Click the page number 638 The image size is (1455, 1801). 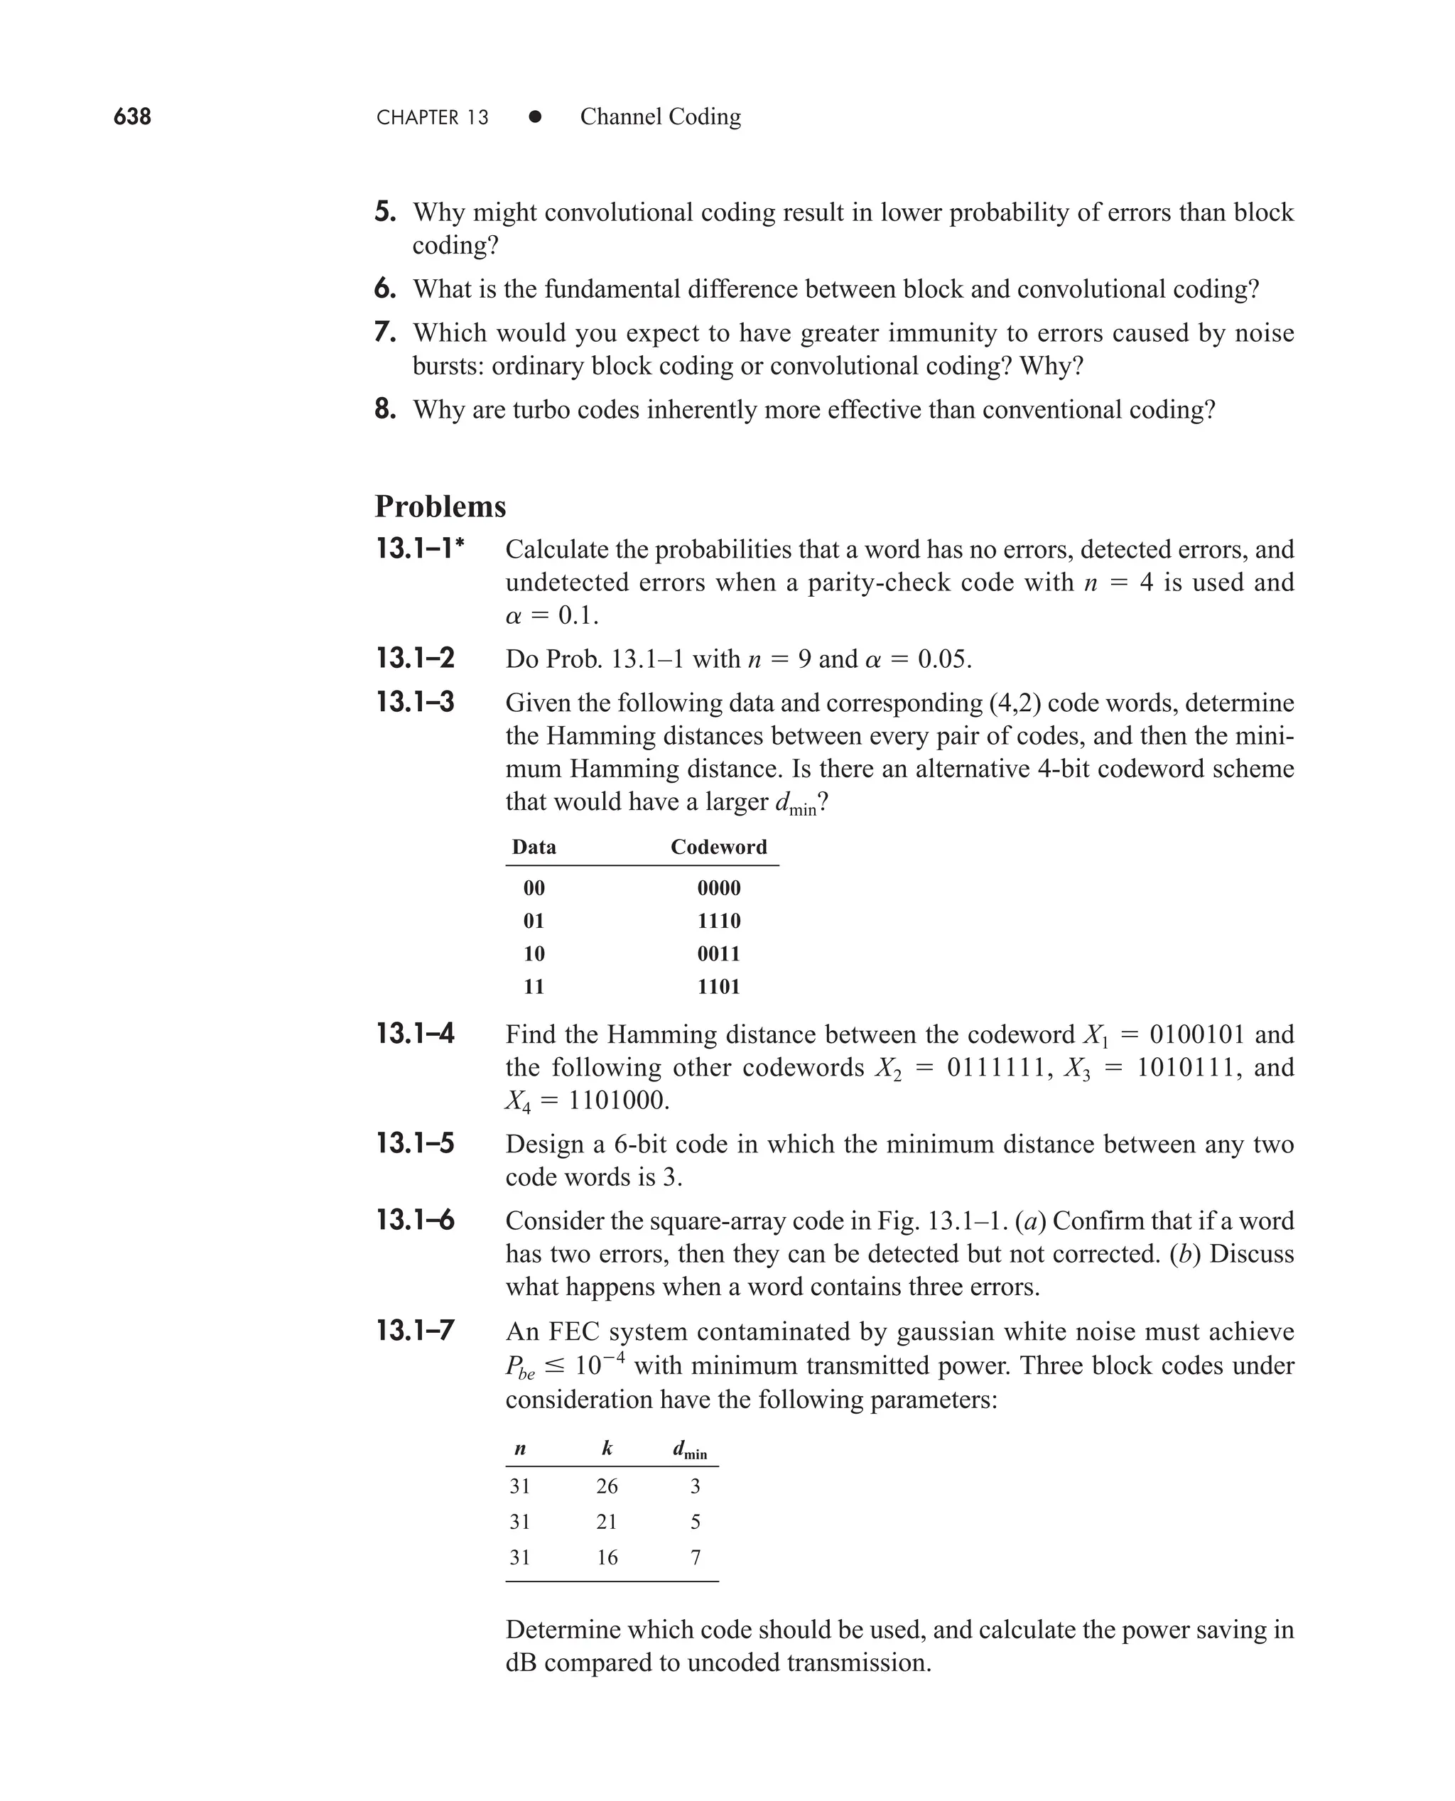132,116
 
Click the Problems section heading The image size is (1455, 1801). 440,506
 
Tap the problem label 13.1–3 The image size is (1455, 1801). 415,701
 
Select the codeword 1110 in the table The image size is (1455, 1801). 718,920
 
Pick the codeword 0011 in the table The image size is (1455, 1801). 718,953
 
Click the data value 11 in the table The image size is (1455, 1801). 534,985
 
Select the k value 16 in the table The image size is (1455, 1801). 607,1557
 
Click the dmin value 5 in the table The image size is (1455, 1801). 695,1521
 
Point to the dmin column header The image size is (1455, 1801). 690,1450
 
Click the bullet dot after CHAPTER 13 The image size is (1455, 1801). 535,117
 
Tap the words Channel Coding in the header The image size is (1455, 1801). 661,117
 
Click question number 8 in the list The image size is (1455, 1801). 384,409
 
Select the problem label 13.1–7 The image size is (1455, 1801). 415,1330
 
